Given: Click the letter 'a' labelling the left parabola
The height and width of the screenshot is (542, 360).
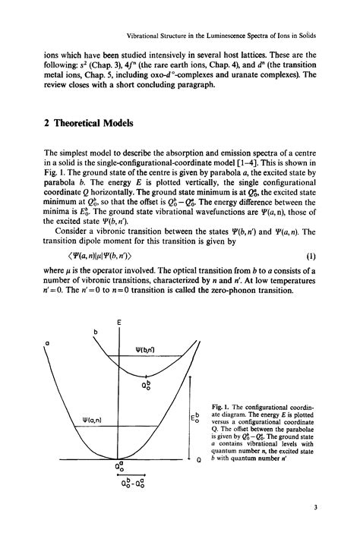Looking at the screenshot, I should tap(47, 342).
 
